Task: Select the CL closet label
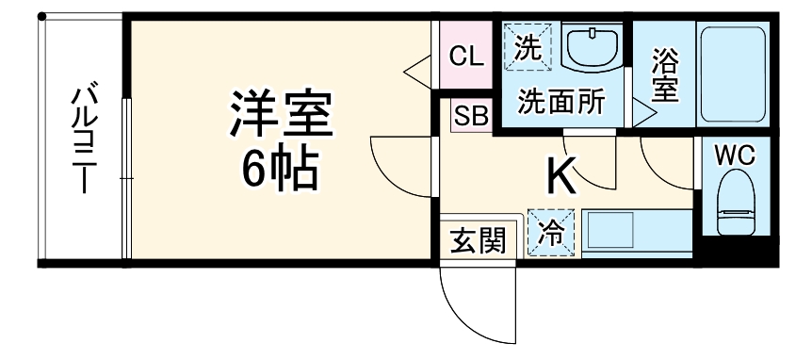pos(466,56)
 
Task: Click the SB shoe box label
pos(470,116)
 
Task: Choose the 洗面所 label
pos(562,101)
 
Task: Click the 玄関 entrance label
pos(477,241)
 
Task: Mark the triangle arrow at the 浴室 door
pos(644,114)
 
